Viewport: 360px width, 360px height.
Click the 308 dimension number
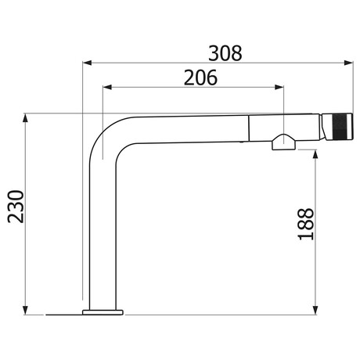225,53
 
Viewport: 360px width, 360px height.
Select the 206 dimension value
200,77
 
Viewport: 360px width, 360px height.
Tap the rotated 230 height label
16,207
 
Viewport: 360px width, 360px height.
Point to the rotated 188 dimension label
306,224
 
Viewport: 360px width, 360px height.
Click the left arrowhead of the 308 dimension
87,63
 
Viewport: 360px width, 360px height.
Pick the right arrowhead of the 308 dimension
348,63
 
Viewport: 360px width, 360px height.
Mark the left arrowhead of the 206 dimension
107,87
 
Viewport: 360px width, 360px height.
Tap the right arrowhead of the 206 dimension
279,87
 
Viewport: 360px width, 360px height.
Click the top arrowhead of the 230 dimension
25,118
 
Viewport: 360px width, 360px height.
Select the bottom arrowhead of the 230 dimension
25,310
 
